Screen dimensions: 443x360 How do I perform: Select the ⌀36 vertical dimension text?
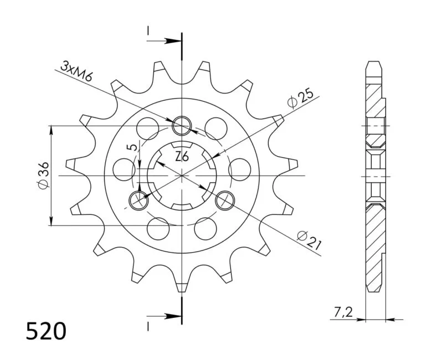(43, 175)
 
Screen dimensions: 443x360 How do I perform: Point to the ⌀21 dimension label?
(310, 240)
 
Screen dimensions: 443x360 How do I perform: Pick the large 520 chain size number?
(46, 331)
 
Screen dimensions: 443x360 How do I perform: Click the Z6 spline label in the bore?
(182, 157)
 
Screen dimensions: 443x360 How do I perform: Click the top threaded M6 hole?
(182, 126)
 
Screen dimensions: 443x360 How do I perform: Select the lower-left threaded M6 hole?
(138, 200)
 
